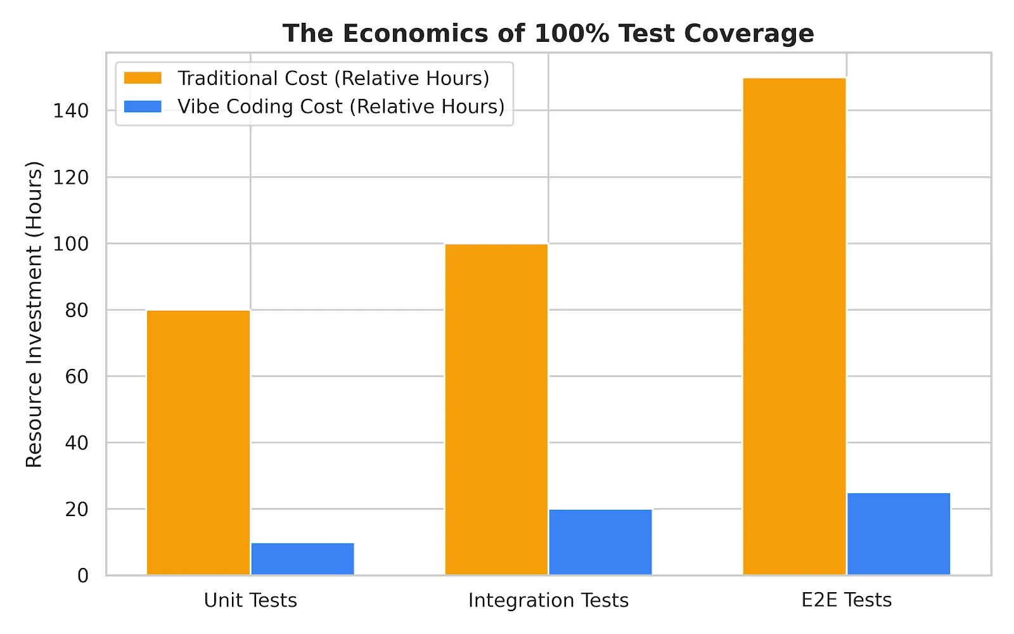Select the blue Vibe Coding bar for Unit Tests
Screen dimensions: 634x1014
click(302, 559)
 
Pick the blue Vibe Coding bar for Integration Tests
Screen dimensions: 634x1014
click(600, 542)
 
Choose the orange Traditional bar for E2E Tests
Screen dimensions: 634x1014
click(794, 327)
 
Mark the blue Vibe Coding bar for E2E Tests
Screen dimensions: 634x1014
click(899, 534)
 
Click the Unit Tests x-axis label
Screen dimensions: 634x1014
click(250, 600)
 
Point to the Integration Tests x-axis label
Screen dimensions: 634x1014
click(548, 600)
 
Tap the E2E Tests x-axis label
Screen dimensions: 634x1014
click(846, 600)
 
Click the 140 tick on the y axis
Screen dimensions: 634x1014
click(71, 111)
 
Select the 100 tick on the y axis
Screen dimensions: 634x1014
click(71, 243)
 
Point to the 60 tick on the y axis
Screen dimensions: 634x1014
click(77, 377)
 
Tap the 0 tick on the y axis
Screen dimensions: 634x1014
click(83, 576)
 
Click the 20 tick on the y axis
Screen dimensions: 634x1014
click(77, 509)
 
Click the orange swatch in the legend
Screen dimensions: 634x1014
click(143, 78)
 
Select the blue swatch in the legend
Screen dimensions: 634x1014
click(143, 107)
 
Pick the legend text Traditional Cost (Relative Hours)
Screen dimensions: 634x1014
click(333, 78)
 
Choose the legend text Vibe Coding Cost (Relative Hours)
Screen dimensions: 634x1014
click(341, 107)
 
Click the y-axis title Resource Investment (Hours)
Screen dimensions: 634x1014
click(34, 314)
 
